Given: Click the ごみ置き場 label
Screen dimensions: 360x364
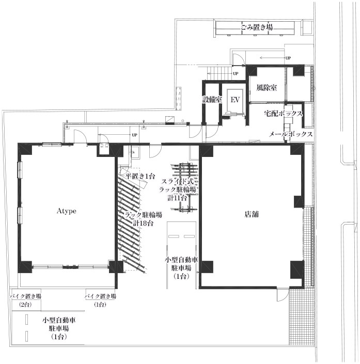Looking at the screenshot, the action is pyautogui.click(x=256, y=27).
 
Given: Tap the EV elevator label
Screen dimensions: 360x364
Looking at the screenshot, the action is pyautogui.click(x=235, y=100).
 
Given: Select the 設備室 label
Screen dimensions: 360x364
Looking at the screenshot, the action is pyautogui.click(x=212, y=100).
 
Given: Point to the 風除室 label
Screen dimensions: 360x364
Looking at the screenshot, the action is pyautogui.click(x=267, y=88).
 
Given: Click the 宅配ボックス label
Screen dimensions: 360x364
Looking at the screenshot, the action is pyautogui.click(x=284, y=114).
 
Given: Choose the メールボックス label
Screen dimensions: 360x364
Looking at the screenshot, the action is pyautogui.click(x=291, y=134).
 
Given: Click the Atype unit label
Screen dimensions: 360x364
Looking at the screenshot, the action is pyautogui.click(x=67, y=211).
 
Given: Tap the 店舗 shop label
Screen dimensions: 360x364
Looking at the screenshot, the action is pyautogui.click(x=252, y=214).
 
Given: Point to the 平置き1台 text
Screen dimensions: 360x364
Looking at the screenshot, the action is pyautogui.click(x=140, y=176).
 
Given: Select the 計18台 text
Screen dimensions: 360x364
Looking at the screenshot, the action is pyautogui.click(x=143, y=224).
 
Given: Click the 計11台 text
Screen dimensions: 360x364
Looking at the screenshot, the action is pyautogui.click(x=178, y=198).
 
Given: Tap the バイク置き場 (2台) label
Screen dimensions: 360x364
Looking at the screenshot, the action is pyautogui.click(x=25, y=300).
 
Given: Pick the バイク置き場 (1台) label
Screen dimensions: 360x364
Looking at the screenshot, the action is pyautogui.click(x=100, y=300).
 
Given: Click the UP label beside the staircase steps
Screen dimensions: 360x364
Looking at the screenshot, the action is pyautogui.click(x=236, y=74).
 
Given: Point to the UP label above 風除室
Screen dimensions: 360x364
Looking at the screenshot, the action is pyautogui.click(x=288, y=58).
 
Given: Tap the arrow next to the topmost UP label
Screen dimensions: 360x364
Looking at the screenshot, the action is pyautogui.click(x=272, y=58).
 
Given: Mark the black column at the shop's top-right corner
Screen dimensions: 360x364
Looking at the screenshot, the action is pyautogui.click(x=298, y=150).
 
